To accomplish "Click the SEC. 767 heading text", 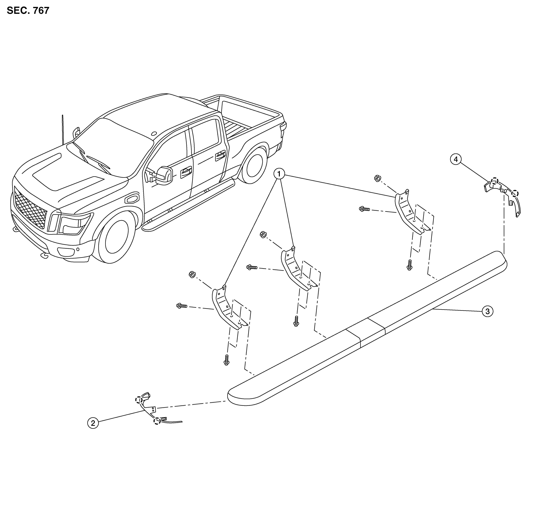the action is point(28,11).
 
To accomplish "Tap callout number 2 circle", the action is point(93,423).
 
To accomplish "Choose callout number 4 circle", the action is point(456,160).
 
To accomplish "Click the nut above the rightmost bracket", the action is point(377,178).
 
